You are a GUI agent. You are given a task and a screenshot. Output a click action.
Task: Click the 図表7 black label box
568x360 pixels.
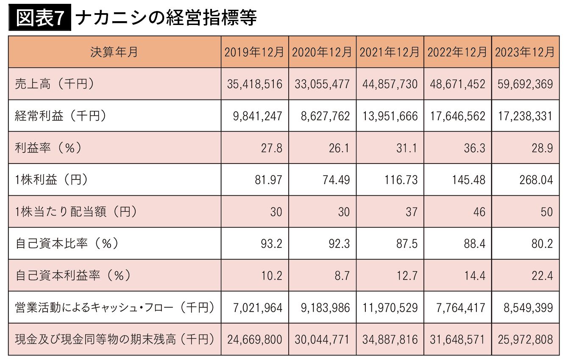[x=40, y=17]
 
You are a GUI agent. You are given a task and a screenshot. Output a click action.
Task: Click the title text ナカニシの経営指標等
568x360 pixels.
[x=166, y=18]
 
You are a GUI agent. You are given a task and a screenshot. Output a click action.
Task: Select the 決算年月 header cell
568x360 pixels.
[x=114, y=52]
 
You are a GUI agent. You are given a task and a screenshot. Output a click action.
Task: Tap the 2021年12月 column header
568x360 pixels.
[x=390, y=52]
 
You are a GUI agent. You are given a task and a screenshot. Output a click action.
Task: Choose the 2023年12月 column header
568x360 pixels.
[x=526, y=52]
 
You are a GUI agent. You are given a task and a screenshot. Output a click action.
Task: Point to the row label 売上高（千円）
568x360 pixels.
[x=54, y=84]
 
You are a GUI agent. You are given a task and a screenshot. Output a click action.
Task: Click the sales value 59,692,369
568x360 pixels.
[x=525, y=84]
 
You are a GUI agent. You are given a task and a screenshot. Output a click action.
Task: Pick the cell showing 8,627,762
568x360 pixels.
[x=326, y=116]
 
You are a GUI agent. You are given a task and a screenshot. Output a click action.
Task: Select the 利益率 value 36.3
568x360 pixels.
[x=474, y=148]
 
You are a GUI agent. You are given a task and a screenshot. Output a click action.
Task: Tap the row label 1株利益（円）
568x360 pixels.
[x=51, y=180]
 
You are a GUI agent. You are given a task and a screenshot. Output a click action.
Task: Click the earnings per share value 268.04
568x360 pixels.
[x=536, y=180]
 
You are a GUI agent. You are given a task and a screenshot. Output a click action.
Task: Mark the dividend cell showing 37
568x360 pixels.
[x=411, y=212]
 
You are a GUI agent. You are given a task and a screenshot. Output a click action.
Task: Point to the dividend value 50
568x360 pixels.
[x=547, y=212]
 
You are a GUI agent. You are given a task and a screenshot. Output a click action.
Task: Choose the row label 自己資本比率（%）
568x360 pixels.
[x=67, y=244]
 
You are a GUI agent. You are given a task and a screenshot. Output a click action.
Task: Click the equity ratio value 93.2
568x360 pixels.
[x=271, y=244]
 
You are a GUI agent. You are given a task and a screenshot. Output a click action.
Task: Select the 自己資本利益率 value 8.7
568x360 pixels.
[x=342, y=276]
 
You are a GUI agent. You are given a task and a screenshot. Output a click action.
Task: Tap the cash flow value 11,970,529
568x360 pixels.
[x=390, y=308]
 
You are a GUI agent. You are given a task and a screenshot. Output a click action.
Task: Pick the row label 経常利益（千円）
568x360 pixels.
[x=60, y=116]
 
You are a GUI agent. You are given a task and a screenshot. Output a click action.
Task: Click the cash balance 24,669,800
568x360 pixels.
[x=255, y=340]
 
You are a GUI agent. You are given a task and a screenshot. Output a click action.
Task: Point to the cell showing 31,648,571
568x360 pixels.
[x=458, y=340]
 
